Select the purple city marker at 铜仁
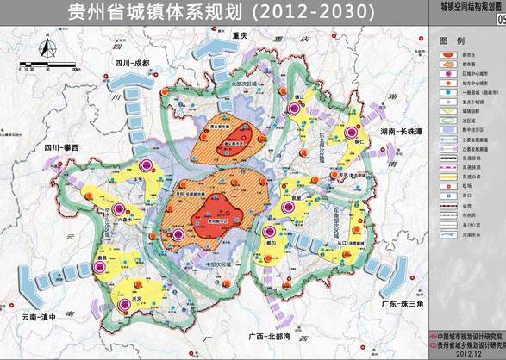point(351,133)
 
